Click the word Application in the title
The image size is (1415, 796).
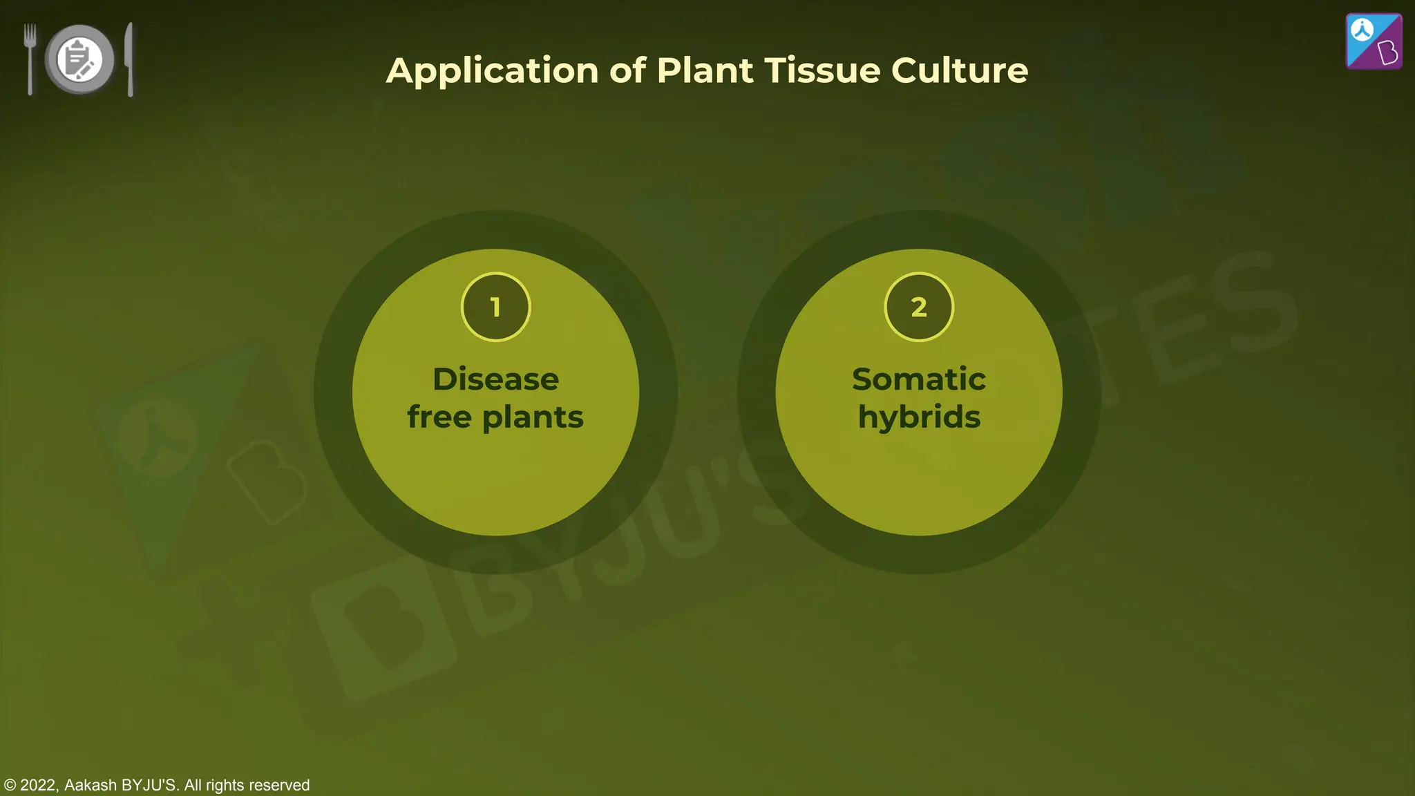(x=492, y=71)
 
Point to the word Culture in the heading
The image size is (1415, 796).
(x=959, y=70)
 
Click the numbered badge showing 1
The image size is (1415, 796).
(x=495, y=307)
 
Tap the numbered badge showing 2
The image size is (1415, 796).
(x=918, y=307)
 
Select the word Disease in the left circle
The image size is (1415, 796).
(x=495, y=379)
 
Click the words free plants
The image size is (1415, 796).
(x=495, y=417)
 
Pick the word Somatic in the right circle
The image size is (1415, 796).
(x=918, y=379)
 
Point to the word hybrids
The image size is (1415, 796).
(x=919, y=417)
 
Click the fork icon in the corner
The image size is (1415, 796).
(x=30, y=59)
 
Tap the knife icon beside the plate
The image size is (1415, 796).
(x=129, y=59)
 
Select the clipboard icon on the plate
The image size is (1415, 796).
(x=78, y=59)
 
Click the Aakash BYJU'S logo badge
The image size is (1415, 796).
(x=1374, y=41)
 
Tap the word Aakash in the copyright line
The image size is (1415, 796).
(x=91, y=786)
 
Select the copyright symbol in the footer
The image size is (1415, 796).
(x=10, y=786)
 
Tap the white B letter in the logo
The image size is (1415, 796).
(x=1387, y=53)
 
